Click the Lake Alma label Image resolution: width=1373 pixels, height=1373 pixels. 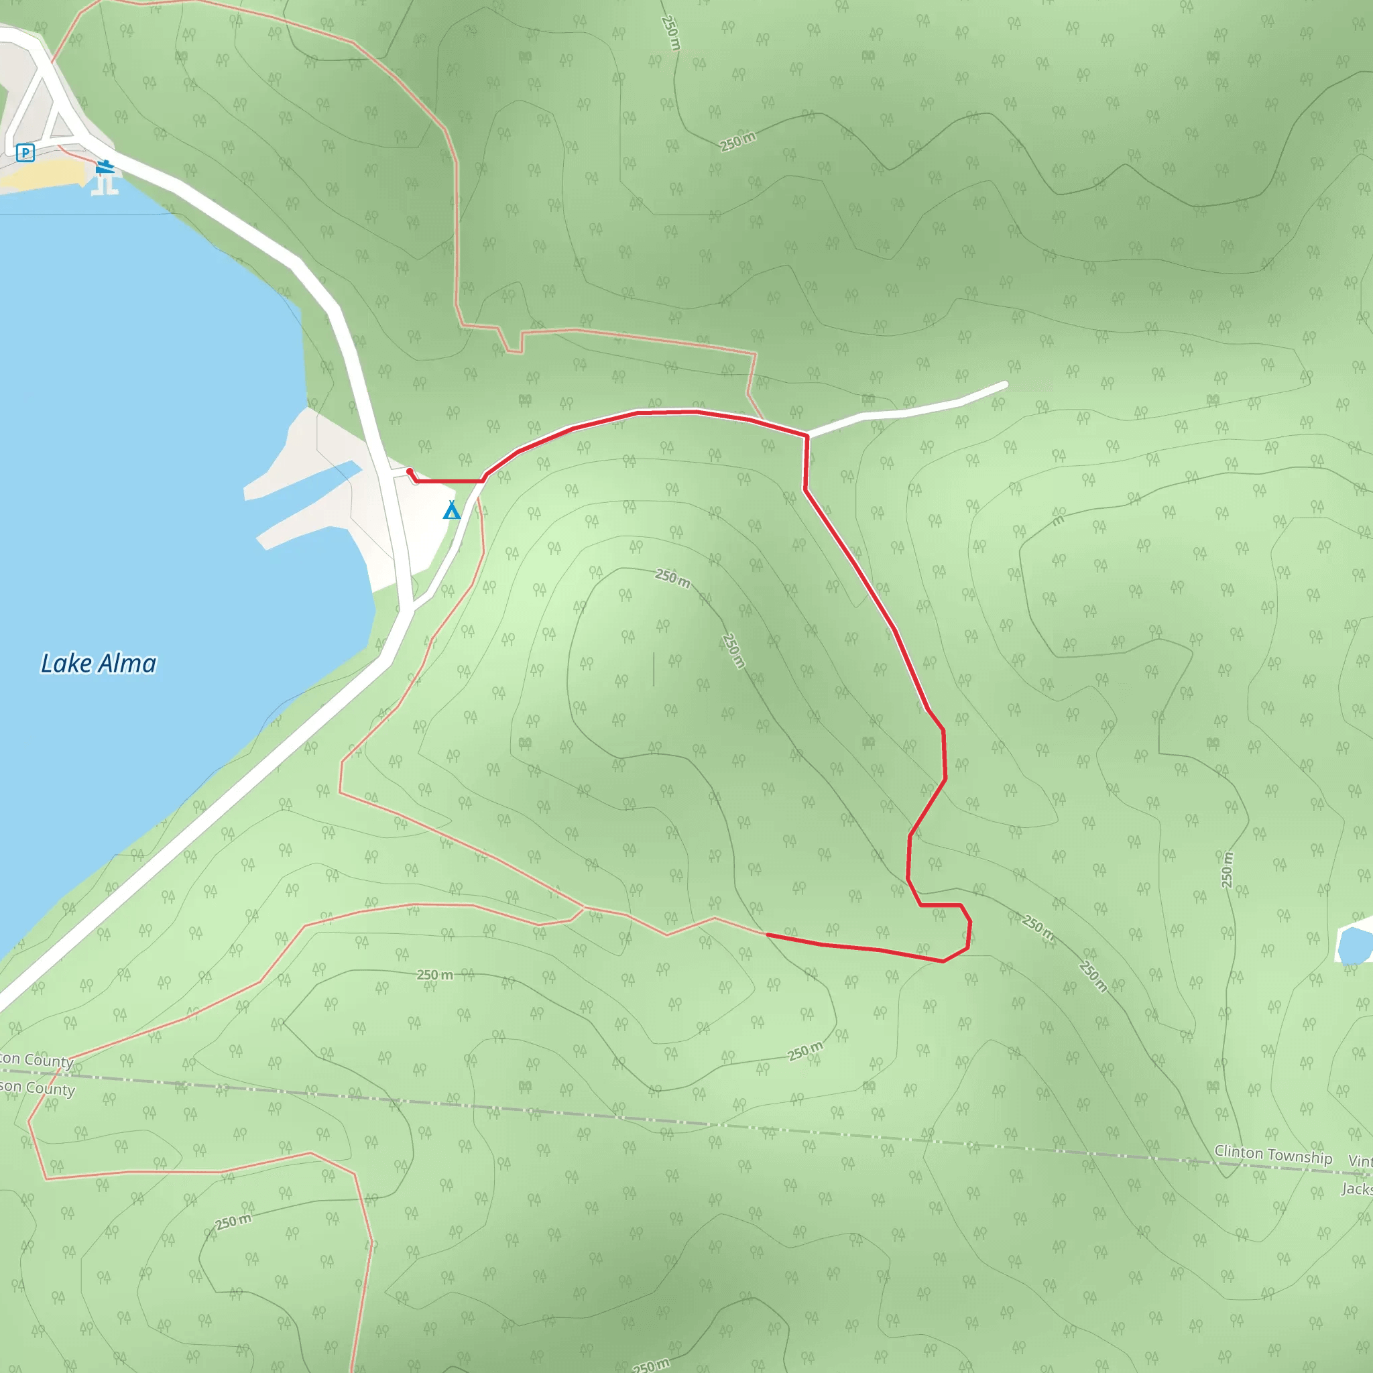click(98, 664)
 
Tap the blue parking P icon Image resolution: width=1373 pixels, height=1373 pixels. click(25, 152)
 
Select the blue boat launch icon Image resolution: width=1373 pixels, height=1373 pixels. click(105, 167)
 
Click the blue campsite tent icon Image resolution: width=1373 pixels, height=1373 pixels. click(451, 510)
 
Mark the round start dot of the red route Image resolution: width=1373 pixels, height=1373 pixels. click(410, 471)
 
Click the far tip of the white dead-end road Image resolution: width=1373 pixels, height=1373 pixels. click(1005, 384)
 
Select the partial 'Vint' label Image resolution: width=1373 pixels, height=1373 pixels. click(1361, 1160)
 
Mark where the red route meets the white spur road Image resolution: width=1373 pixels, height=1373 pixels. click(807, 435)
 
